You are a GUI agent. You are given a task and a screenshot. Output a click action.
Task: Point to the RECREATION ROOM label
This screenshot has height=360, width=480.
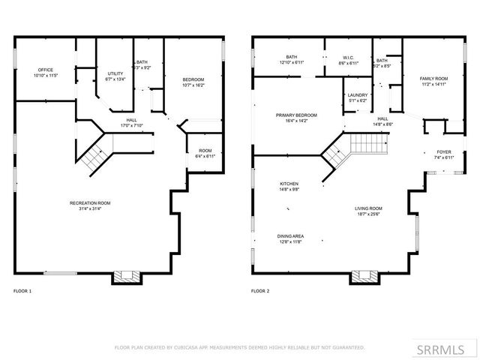[x=90, y=205]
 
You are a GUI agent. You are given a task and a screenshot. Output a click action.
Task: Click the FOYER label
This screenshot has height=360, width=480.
[x=444, y=154]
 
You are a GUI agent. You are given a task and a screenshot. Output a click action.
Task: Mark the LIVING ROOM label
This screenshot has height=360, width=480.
[x=368, y=211]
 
